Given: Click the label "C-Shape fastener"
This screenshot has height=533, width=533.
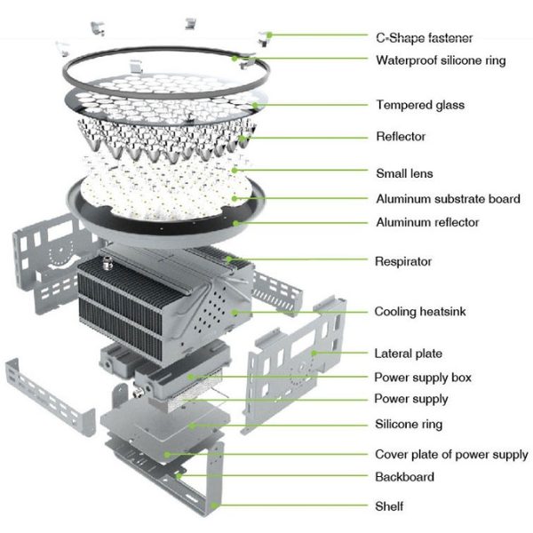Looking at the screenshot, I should tap(424, 37).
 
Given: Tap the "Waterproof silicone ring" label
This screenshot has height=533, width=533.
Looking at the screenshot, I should tap(441, 60).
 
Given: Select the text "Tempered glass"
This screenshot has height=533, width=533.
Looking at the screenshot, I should tap(419, 105).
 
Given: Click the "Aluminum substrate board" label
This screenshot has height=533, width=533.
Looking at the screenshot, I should tap(447, 199).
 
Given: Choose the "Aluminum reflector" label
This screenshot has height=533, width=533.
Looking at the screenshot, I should tap(427, 221).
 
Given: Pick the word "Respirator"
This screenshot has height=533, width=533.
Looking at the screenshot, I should tap(403, 262).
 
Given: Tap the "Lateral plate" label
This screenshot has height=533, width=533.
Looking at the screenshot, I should tap(408, 354).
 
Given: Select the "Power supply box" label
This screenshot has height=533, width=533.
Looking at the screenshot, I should tap(423, 378).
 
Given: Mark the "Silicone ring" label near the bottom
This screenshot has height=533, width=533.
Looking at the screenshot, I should tap(408, 424).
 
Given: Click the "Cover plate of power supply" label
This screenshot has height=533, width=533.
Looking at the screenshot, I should tap(451, 455).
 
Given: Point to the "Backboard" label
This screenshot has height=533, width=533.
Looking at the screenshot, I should tap(404, 477).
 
